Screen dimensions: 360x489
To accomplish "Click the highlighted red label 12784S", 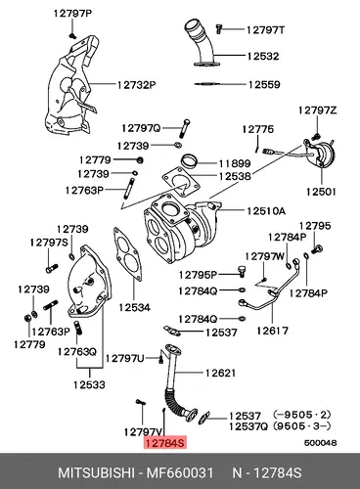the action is tap(165, 443).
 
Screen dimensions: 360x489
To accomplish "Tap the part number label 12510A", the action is tap(266, 211).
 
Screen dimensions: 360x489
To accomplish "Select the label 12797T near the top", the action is tap(265, 30).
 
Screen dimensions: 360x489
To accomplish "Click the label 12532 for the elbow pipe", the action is tap(263, 56).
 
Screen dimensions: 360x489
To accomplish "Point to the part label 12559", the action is tap(264, 85).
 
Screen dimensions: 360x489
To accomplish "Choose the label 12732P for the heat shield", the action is tap(137, 85).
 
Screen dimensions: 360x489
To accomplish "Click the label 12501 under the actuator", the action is tap(321, 192).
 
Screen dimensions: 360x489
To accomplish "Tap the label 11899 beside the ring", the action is tap(235, 163).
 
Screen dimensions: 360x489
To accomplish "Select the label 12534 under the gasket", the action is tap(134, 307).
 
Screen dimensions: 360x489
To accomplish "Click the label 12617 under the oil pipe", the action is tap(272, 331).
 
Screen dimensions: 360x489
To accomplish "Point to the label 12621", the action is tap(220, 373).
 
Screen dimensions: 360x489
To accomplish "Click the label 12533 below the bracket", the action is tap(89, 385).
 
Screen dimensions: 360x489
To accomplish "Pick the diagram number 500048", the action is tap(321, 443).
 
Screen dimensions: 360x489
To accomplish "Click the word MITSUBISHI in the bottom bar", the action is tap(96, 472).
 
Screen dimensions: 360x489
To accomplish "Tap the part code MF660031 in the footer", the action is tap(179, 472).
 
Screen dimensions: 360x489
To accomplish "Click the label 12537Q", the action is tap(248, 426).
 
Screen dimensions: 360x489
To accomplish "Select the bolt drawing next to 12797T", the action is tap(219, 29).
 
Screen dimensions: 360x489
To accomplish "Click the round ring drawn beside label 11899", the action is tap(189, 160).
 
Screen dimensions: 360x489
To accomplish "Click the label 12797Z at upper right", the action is tap(317, 111).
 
